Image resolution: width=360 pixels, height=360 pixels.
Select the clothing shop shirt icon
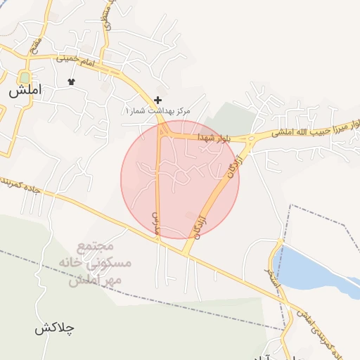(x=71, y=82)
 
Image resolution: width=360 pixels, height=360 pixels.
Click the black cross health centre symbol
(x=157, y=101)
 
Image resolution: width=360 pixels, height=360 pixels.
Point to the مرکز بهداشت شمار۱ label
(x=158, y=112)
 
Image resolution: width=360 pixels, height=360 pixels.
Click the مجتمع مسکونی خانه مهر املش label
(x=96, y=264)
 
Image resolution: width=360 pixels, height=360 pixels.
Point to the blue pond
(x=316, y=271)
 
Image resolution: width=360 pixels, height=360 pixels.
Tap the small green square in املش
(x=25, y=77)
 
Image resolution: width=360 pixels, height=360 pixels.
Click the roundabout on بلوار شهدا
(x=250, y=139)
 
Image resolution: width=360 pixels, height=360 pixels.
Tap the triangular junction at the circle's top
(x=162, y=131)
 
